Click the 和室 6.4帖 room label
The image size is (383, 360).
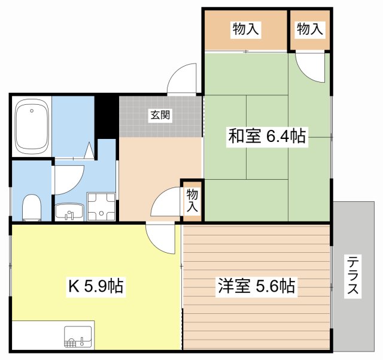click(x=266, y=137)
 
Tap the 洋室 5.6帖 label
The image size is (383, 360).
click(x=256, y=286)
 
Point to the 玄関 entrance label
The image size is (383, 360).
click(x=160, y=116)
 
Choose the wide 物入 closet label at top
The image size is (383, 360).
click(x=246, y=29)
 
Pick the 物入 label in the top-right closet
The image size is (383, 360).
click(x=310, y=29)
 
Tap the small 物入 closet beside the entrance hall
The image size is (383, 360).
click(x=192, y=200)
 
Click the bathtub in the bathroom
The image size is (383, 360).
click(x=32, y=126)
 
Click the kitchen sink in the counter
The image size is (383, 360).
click(x=78, y=338)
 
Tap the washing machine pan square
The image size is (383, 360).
click(x=101, y=206)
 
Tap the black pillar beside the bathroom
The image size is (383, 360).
click(x=107, y=116)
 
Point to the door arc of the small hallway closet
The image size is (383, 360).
click(x=166, y=203)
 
